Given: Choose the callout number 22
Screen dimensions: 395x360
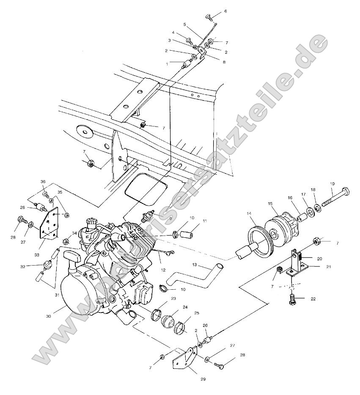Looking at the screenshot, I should [313, 299].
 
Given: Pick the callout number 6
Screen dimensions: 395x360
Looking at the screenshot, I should [225, 11].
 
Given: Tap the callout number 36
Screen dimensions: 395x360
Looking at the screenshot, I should [43, 181].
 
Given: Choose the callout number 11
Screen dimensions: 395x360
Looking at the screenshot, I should [204, 221].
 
